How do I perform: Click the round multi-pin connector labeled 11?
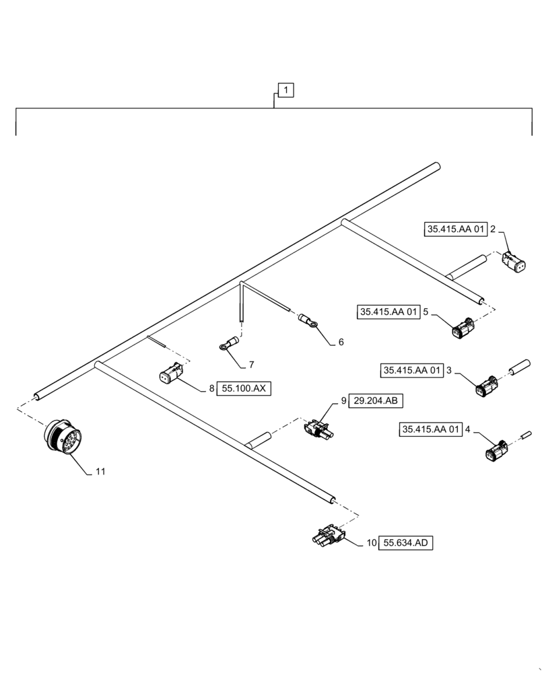click(61, 439)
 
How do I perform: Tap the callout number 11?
click(100, 472)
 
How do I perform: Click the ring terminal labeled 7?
click(227, 345)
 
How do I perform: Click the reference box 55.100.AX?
click(244, 389)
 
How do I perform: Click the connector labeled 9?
click(316, 429)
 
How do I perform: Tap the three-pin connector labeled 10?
click(328, 536)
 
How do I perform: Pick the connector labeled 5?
click(465, 328)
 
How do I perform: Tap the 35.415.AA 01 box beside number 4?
click(432, 429)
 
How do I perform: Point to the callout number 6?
click(341, 342)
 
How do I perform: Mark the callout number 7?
click(251, 364)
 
